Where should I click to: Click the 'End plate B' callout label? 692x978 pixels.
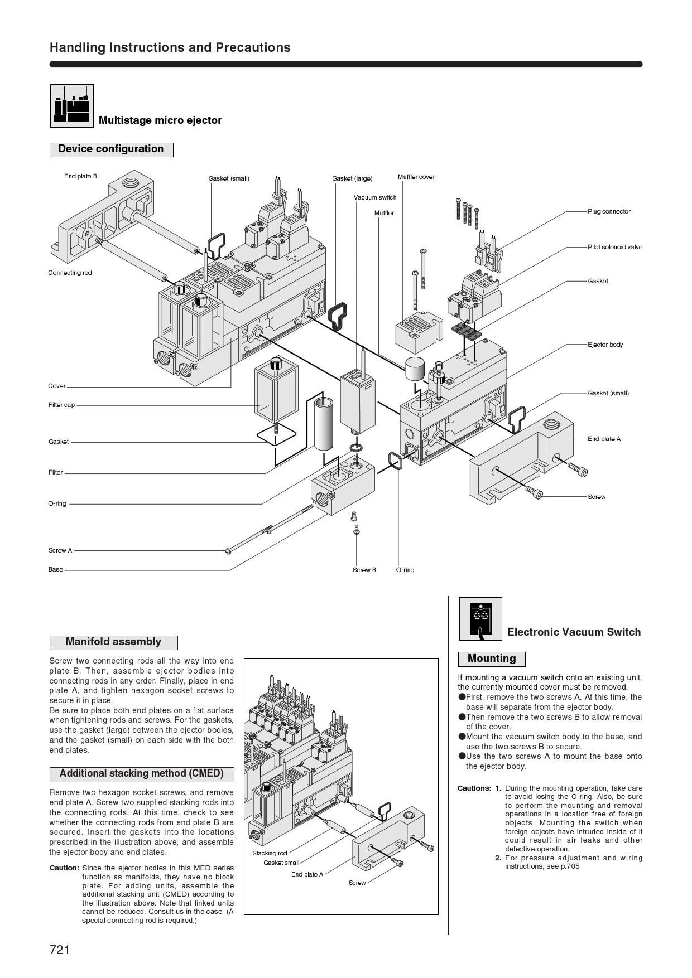(80, 176)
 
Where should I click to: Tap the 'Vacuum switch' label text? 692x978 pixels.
(375, 197)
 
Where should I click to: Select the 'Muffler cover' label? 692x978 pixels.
(416, 177)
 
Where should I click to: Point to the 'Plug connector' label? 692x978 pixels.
(609, 211)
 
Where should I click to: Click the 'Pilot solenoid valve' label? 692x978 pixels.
(614, 247)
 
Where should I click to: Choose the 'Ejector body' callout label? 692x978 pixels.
(605, 345)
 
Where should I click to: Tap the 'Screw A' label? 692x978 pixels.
(60, 550)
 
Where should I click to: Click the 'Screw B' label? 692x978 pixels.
(364, 570)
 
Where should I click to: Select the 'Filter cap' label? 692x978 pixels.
(61, 405)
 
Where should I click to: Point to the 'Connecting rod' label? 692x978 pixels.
(70, 273)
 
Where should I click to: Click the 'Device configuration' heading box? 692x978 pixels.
(111, 149)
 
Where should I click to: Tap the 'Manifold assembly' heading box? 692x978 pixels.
(113, 642)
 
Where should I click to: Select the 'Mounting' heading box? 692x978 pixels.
(492, 659)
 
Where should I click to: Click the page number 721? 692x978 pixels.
(60, 950)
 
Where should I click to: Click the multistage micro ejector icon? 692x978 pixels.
(72, 106)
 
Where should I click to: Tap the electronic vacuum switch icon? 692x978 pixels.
(480, 618)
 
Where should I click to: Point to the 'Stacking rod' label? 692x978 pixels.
(270, 853)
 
